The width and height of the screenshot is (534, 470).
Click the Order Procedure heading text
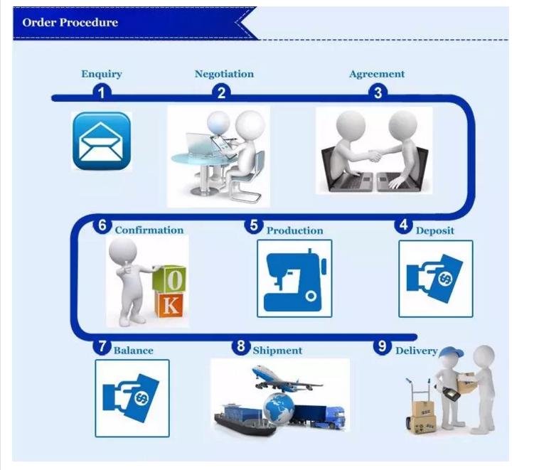coord(70,23)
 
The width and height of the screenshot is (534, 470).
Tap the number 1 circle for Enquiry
coord(102,92)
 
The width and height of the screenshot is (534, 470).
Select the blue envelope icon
coord(102,141)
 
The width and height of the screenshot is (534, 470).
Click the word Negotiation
coord(224,74)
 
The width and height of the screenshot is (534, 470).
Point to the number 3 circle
coord(378,92)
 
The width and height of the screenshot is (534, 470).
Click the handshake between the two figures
coord(374,155)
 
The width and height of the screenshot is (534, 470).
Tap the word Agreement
coord(377,74)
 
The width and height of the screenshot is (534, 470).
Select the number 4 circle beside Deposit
coord(404,225)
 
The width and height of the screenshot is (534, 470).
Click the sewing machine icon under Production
coord(294,279)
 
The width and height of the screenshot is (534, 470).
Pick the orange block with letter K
coord(170,304)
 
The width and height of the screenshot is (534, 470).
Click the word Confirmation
coord(149,230)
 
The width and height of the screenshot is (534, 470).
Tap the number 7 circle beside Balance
coord(102,346)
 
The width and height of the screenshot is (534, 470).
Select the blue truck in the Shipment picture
coord(319,417)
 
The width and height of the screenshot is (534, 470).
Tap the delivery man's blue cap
coord(450,353)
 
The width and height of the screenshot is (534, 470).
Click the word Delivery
coord(417,351)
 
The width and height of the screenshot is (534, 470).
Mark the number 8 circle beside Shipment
coord(241,346)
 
